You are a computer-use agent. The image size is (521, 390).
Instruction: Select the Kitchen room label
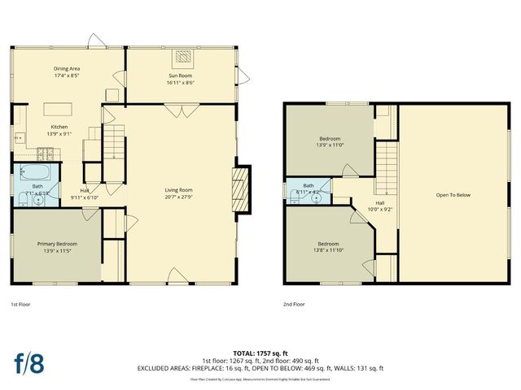click(60, 127)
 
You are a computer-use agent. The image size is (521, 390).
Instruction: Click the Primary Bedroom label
click(56, 243)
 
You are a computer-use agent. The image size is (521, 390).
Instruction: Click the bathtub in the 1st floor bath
click(37, 173)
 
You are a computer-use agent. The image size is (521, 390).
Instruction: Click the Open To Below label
click(453, 195)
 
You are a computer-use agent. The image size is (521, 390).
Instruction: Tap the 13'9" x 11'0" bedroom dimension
click(330, 145)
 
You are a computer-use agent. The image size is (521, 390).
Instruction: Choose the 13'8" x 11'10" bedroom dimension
click(328, 249)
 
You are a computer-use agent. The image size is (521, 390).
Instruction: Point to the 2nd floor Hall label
click(379, 203)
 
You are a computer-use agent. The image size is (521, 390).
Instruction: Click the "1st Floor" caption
click(20, 305)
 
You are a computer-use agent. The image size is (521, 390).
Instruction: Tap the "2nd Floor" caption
click(293, 305)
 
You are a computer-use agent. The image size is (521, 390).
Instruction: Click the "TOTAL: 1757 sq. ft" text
click(260, 354)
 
